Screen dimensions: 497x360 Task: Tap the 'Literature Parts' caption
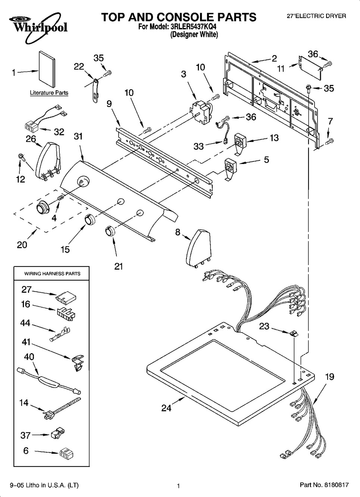click(49, 93)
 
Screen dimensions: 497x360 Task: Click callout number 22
click(79, 66)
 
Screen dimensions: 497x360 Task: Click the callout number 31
click(78, 137)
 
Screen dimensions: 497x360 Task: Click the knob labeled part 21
click(109, 231)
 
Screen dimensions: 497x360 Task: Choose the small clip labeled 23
click(294, 333)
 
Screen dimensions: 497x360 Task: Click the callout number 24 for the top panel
click(166, 408)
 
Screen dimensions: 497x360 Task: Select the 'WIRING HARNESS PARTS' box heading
click(52, 274)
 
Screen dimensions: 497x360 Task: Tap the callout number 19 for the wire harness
click(329, 377)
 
